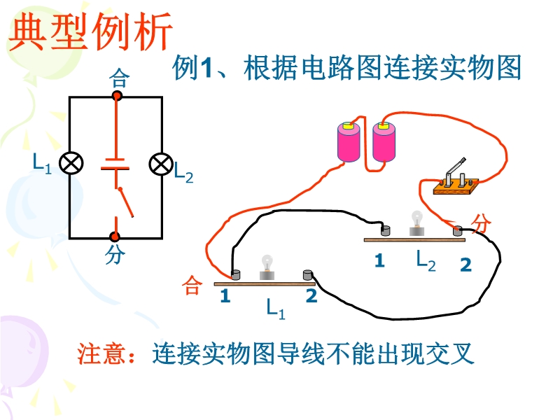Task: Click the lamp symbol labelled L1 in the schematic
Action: pos(70,164)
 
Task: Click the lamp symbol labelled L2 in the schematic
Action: pos(161,164)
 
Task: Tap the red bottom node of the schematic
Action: pos(115,237)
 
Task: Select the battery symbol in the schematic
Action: pos(115,164)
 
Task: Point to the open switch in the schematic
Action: pos(126,203)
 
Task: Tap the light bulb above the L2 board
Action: pos(417,223)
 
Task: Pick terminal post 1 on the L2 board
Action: pos(384,230)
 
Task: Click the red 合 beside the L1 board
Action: pos(192,286)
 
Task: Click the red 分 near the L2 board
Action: pos(482,224)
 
